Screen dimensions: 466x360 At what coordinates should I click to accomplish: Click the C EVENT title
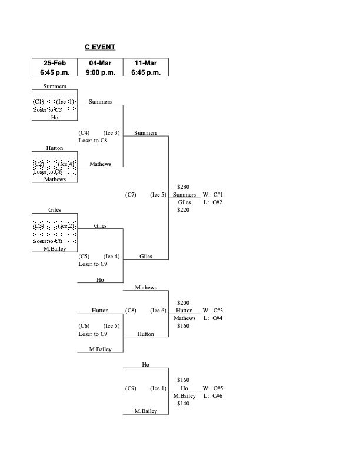[x=100, y=47]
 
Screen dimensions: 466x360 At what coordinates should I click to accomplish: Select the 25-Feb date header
[x=54, y=63]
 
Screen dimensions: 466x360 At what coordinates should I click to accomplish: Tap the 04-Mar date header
[x=100, y=63]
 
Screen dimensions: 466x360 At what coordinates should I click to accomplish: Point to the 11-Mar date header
[x=146, y=63]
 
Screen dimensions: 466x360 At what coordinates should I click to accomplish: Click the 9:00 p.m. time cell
[x=100, y=72]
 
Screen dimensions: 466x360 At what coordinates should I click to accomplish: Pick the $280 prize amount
[x=183, y=187]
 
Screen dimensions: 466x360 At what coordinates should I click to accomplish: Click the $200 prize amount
[x=183, y=302]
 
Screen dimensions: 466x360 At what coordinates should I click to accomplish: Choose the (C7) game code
[x=131, y=194]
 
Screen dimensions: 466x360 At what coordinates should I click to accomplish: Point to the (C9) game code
[x=131, y=388]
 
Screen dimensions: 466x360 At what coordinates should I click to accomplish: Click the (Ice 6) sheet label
[x=158, y=311]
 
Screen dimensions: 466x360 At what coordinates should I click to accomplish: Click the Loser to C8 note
[x=92, y=140]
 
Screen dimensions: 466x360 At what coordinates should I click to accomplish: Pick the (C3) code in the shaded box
[x=39, y=226]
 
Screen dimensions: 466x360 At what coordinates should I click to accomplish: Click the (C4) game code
[x=84, y=132]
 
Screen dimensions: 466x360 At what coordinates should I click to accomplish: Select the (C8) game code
[x=131, y=311]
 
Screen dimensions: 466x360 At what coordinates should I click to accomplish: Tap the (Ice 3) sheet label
[x=112, y=132]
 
